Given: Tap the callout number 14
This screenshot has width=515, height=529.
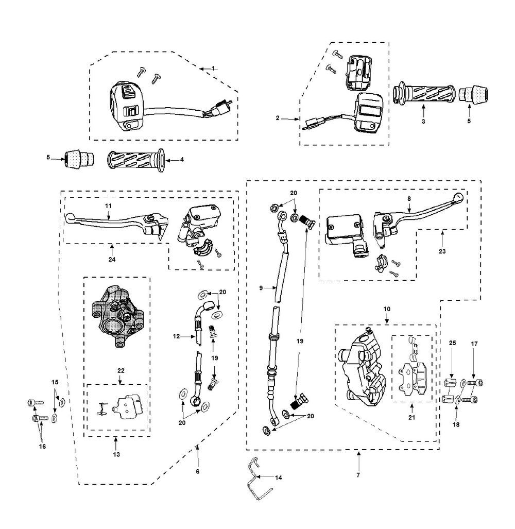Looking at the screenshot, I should tap(279, 477).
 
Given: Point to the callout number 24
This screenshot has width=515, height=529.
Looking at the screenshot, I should tap(112, 259).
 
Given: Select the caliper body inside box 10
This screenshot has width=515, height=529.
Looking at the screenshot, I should tap(363, 368).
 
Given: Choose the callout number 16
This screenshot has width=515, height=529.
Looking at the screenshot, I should tap(43, 446).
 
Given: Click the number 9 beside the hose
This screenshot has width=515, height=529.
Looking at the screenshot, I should tap(262, 288).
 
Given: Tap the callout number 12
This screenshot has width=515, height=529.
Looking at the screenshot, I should tap(177, 336).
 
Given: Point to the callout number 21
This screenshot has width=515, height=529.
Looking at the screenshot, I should tap(411, 417).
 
